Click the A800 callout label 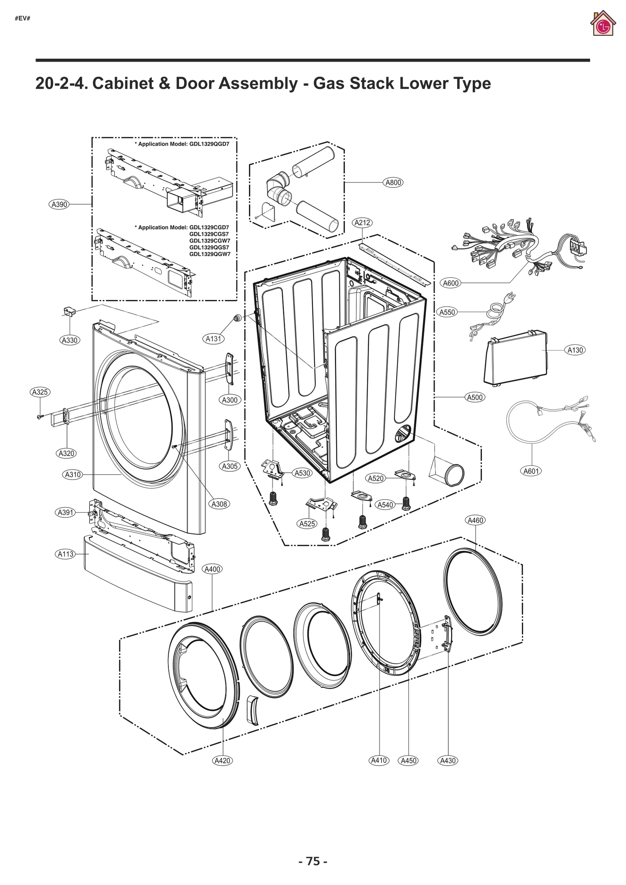(x=393, y=182)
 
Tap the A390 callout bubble (x=59, y=204)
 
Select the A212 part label (x=362, y=223)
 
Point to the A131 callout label (x=214, y=339)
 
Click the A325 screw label (x=40, y=392)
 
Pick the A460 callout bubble (x=475, y=520)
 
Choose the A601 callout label (x=531, y=471)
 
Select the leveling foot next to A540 (x=406, y=504)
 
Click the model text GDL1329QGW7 (x=210, y=254)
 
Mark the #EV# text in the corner (x=22, y=18)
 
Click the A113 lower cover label (x=65, y=554)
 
